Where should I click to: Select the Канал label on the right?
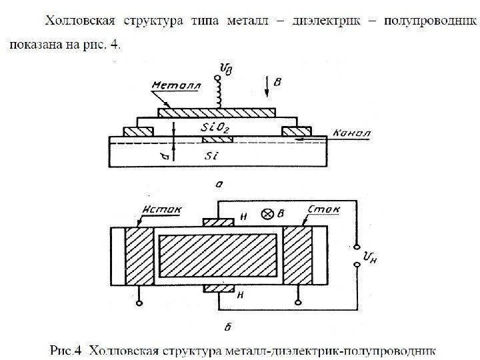[x=350, y=132]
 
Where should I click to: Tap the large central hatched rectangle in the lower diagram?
[x=219, y=257]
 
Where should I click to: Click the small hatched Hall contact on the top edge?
[x=219, y=223]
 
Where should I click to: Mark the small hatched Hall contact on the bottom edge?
[x=219, y=289]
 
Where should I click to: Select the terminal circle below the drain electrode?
[x=299, y=304]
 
